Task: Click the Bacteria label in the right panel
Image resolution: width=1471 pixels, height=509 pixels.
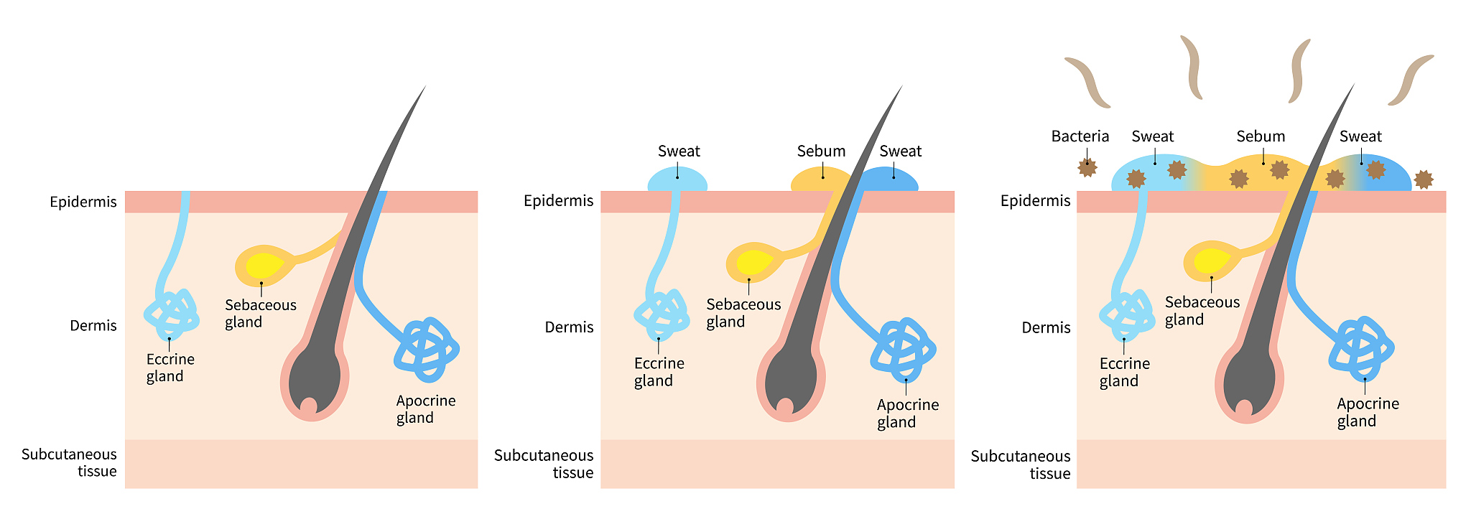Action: click(1080, 136)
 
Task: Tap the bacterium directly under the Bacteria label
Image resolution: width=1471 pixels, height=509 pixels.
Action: click(1087, 168)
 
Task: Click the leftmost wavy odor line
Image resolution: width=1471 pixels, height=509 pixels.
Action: click(1087, 82)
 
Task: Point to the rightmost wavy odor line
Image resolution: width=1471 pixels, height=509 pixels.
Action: click(1411, 80)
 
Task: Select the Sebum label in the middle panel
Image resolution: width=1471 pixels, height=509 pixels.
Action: click(821, 151)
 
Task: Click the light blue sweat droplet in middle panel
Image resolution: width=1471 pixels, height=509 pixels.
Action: click(677, 179)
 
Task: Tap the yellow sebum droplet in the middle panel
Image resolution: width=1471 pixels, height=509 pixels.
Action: click(820, 179)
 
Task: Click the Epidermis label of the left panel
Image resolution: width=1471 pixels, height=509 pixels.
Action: click(83, 202)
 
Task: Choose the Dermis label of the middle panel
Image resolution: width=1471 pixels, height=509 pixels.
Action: click(569, 327)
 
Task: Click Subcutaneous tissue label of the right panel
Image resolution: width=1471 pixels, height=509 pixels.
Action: click(1020, 464)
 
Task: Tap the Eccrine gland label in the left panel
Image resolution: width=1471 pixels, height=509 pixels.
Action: click(170, 368)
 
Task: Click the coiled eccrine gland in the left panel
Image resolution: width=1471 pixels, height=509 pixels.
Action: click(172, 314)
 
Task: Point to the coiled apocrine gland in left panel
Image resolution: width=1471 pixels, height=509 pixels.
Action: click(427, 350)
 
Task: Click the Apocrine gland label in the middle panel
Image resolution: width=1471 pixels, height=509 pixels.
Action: click(907, 414)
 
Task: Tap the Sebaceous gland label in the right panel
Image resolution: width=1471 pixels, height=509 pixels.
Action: click(1202, 311)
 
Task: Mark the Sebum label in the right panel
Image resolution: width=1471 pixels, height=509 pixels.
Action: click(1261, 136)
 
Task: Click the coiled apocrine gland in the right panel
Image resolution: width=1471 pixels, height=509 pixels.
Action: click(1361, 348)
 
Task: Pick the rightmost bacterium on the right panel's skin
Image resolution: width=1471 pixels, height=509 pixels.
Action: click(1423, 179)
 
